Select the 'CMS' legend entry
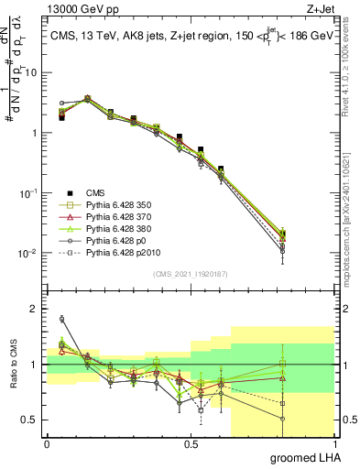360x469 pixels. click(x=94, y=191)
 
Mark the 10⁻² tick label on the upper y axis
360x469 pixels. click(x=28, y=253)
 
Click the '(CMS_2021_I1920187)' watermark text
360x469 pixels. click(x=191, y=274)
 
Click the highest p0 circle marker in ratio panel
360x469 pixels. click(x=61, y=319)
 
